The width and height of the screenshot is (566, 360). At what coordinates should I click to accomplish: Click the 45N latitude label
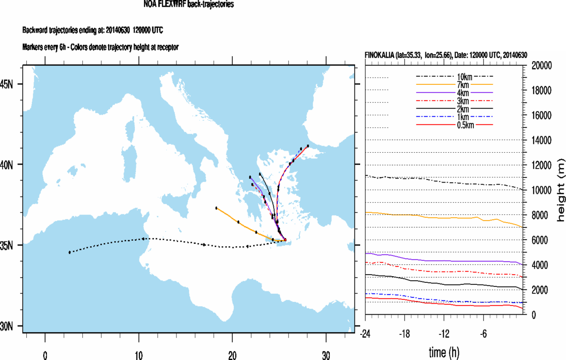point(11,84)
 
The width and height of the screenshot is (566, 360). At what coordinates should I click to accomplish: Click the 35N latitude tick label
point(11,245)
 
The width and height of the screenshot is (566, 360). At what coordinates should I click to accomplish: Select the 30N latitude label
point(11,326)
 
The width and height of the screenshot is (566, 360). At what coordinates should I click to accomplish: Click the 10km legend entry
point(454,76)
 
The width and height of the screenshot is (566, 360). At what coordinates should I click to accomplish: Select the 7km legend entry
point(454,84)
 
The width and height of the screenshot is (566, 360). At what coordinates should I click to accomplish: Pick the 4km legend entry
point(454,93)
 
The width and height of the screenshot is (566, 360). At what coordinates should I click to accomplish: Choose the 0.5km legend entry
point(454,125)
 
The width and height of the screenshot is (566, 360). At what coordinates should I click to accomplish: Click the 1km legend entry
point(454,117)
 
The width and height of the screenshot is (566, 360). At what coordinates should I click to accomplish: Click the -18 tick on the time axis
point(405,333)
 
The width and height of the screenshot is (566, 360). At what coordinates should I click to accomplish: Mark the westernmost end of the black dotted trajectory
point(69,252)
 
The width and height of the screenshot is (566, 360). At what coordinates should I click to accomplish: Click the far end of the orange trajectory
point(217,208)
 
